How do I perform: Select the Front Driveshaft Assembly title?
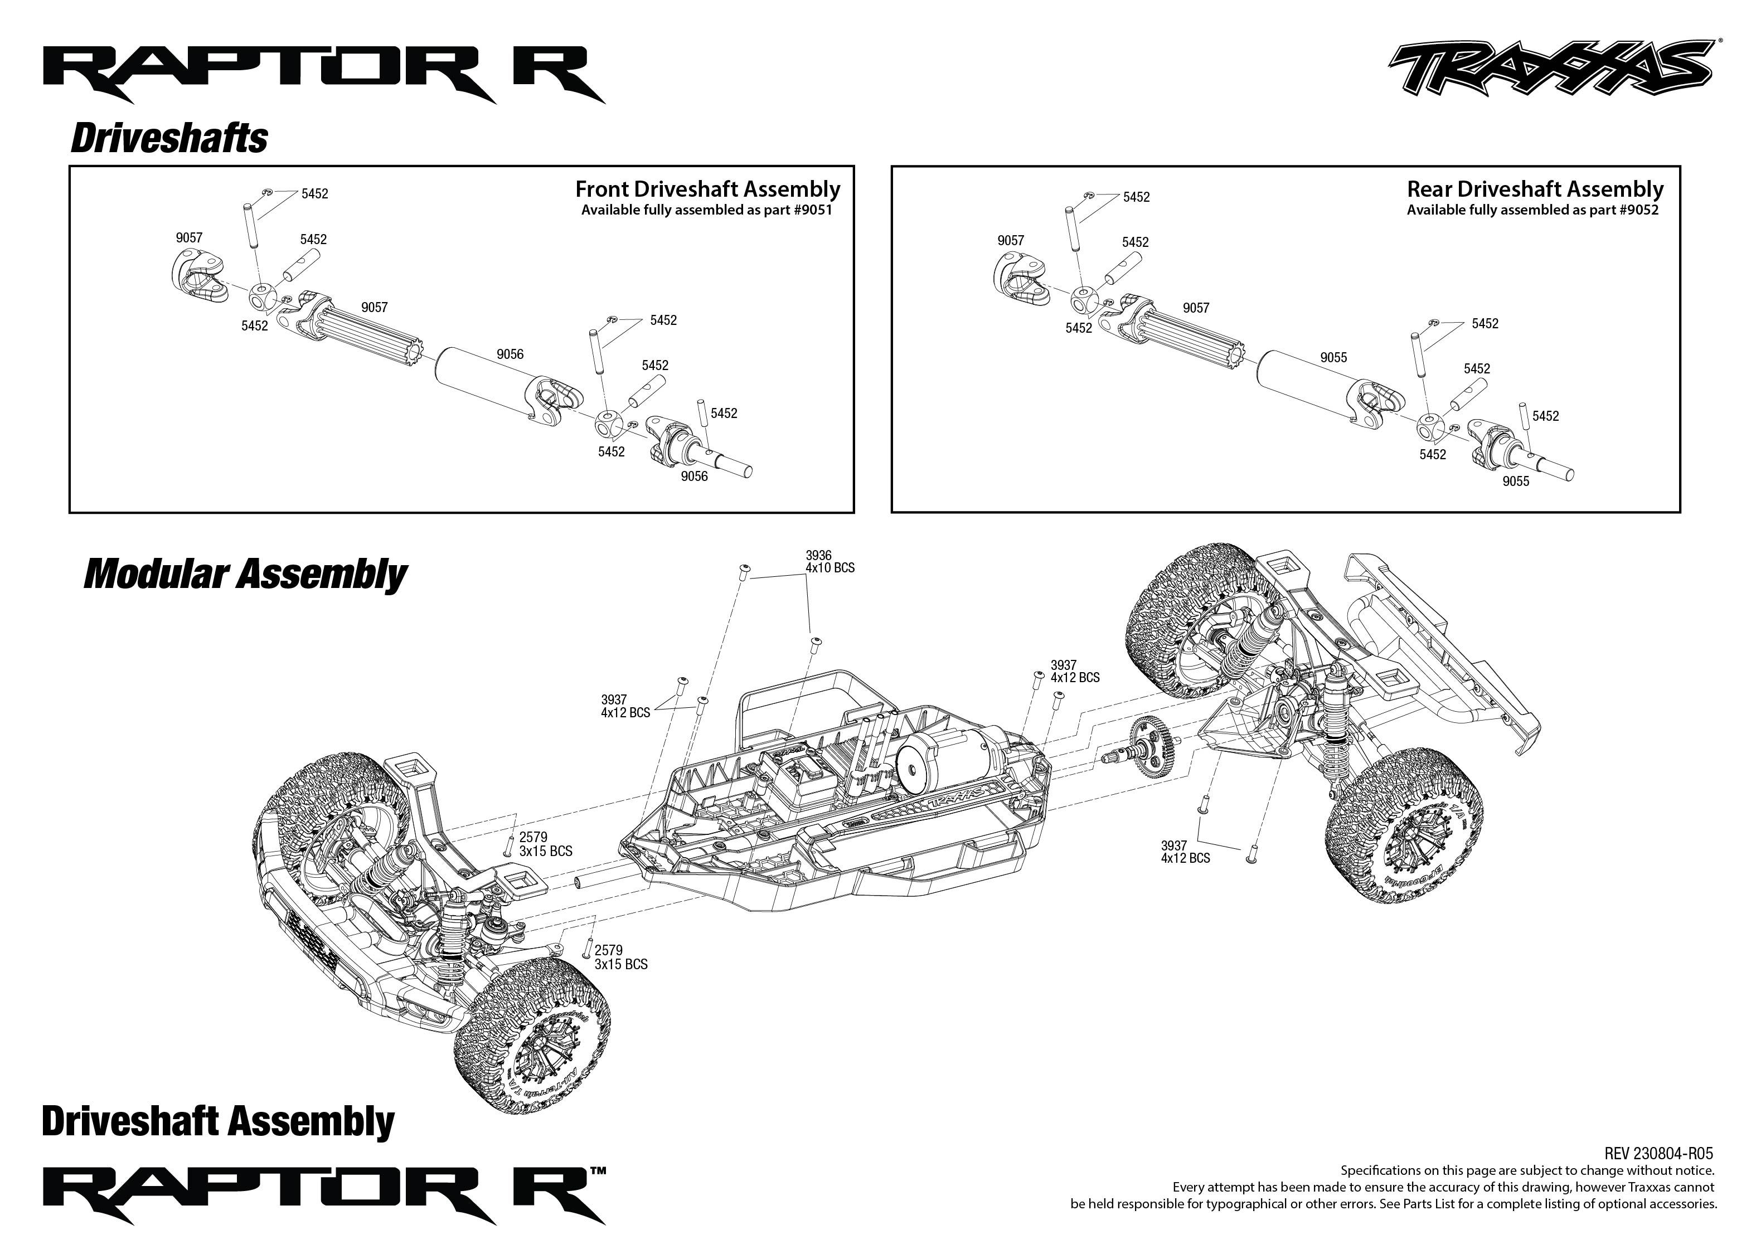[x=707, y=189]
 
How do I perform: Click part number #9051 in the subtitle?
[x=814, y=210]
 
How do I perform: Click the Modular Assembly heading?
[x=245, y=575]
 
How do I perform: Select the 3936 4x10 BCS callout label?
[x=830, y=561]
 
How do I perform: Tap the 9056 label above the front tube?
[x=510, y=354]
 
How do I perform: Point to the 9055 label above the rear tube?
[x=1333, y=357]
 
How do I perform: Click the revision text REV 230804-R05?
[x=1658, y=1154]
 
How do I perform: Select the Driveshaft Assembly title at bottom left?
[x=218, y=1121]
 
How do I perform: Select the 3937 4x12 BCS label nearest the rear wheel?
[x=1185, y=852]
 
